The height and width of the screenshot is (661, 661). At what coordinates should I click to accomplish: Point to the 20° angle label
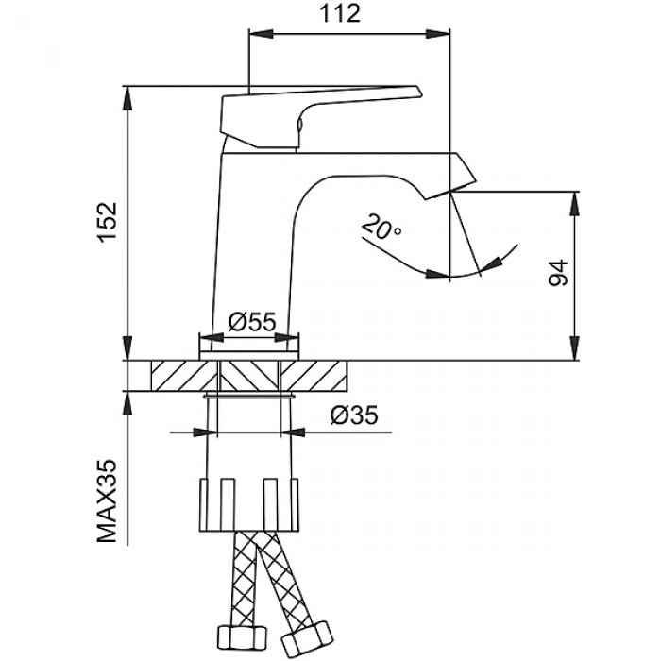coord(381,228)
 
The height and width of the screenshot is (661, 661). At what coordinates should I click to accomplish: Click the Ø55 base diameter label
coord(250,322)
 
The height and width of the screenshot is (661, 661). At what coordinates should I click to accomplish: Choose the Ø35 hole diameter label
coord(354,414)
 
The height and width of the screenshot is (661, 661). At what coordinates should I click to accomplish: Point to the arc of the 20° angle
coord(453,276)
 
